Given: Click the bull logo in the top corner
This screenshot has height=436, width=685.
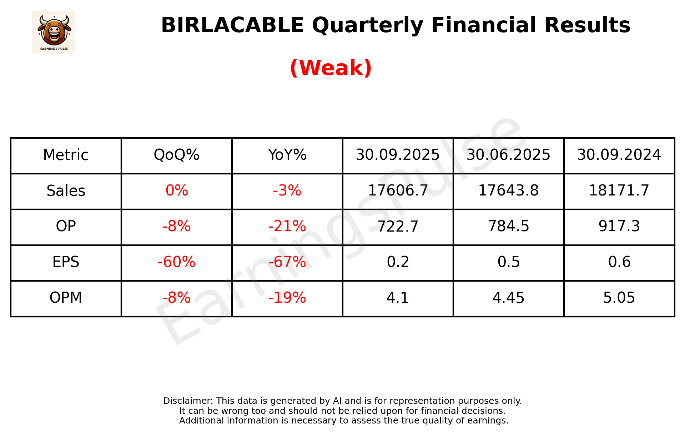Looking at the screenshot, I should tap(54, 32).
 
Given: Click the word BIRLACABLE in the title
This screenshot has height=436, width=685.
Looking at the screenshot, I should tap(232, 25).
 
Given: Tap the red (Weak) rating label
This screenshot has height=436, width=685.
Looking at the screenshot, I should tap(331, 68).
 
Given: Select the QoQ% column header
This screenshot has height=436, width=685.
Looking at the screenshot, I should tap(176, 155).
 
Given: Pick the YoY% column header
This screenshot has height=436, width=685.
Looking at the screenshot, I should tap(287, 155).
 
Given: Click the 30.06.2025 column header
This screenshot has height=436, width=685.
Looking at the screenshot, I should tap(508, 155).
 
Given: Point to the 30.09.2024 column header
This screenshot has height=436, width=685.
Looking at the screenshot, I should tap(619, 155).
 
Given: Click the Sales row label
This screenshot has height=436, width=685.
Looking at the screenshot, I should tap(66, 191).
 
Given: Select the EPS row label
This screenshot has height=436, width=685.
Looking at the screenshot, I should tap(66, 262).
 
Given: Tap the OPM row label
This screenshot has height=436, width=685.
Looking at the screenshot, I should tap(66, 298).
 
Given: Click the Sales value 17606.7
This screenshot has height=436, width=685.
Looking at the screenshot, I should tap(398, 191).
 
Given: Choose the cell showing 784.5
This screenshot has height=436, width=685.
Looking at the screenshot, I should tap(508, 227).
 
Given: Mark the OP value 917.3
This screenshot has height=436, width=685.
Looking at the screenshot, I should tap(619, 227).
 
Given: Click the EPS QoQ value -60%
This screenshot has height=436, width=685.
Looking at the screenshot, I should tap(176, 262).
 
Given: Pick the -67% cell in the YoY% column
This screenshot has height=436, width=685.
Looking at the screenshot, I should tap(287, 262).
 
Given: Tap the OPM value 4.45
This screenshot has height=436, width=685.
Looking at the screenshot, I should tap(508, 298).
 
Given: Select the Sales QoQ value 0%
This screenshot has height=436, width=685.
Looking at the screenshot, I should tap(176, 191).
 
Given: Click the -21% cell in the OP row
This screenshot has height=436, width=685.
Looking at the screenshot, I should tap(287, 227).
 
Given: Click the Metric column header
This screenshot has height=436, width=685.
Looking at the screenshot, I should tap(66, 155).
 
